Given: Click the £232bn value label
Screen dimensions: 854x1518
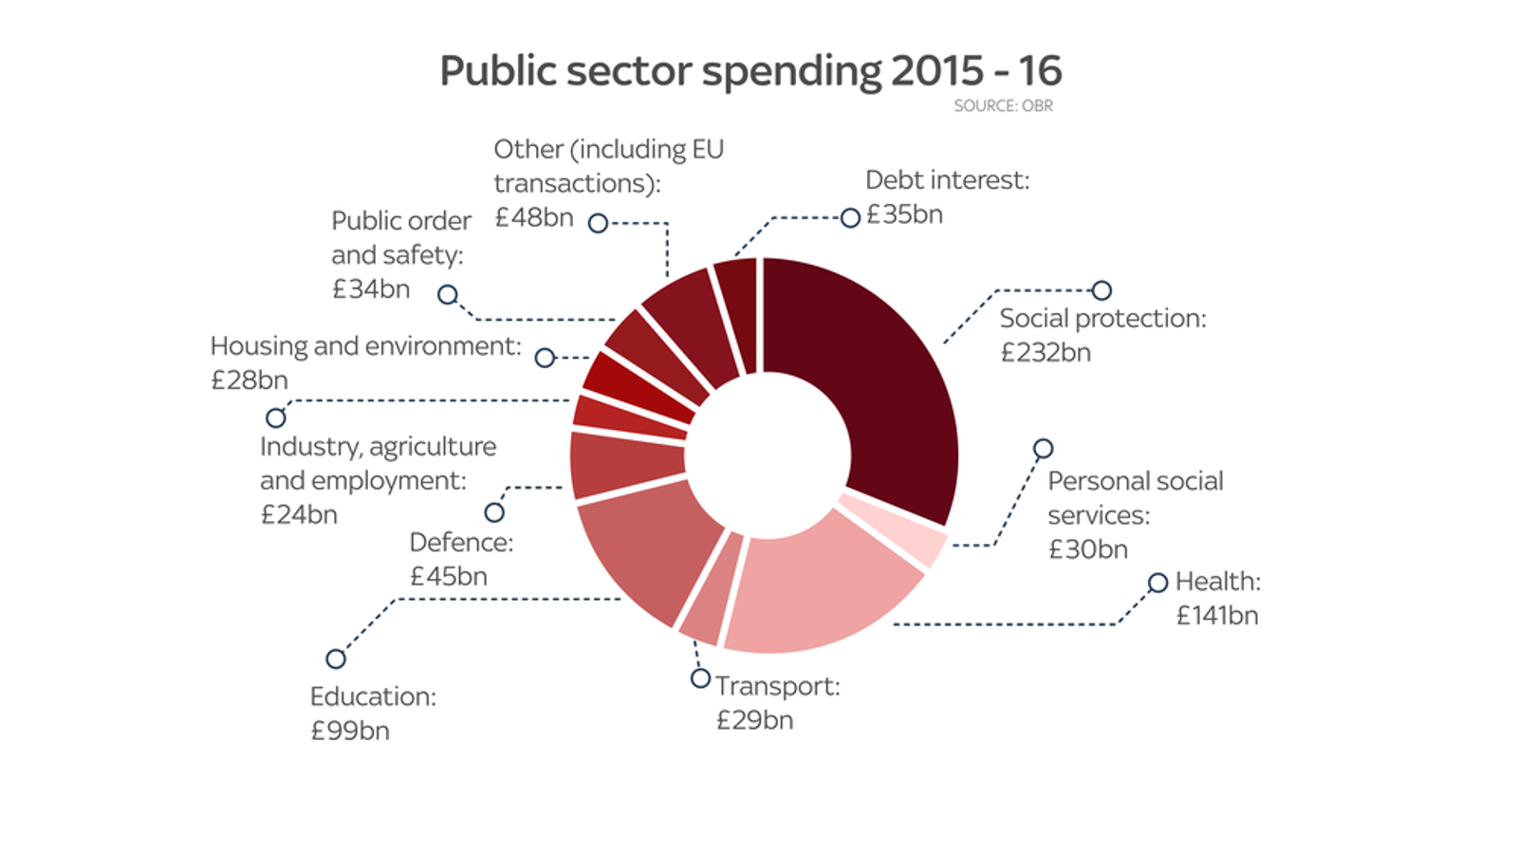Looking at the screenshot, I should (x=1046, y=353).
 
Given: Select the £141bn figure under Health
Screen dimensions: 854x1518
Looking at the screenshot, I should (x=1217, y=616).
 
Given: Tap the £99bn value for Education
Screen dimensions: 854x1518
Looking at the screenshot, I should (x=350, y=731).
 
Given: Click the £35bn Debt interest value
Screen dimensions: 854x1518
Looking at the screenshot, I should (x=905, y=215).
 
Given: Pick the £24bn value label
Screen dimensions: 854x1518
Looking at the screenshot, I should (x=299, y=515).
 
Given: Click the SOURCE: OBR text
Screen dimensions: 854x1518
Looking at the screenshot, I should (x=1003, y=106).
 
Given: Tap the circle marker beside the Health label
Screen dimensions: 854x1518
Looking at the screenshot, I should (x=1157, y=583).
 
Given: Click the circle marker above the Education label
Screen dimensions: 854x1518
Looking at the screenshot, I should (x=336, y=659).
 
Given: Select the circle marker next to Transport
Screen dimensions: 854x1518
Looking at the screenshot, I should (x=700, y=678).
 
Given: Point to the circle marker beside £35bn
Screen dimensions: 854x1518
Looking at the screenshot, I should (x=850, y=218).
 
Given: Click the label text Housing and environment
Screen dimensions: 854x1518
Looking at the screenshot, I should (x=365, y=346).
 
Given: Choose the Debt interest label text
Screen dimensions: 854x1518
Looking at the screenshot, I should (x=946, y=180).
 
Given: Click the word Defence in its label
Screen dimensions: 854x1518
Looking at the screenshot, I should (x=459, y=543).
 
